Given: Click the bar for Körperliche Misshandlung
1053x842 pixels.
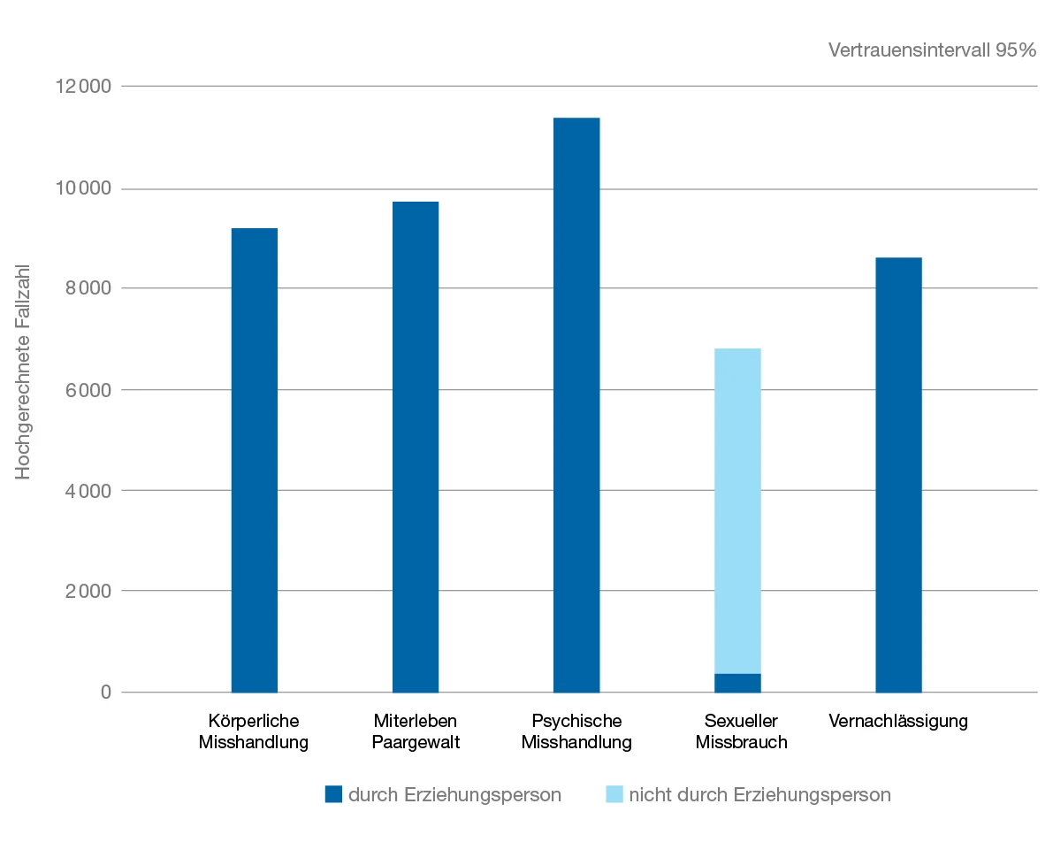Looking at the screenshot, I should pyautogui.click(x=254, y=460).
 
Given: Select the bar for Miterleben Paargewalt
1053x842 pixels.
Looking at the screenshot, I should pyautogui.click(x=416, y=447).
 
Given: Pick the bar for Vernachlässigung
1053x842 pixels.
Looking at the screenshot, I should pyautogui.click(x=898, y=475).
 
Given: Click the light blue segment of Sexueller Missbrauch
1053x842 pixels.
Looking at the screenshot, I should pyautogui.click(x=737, y=510).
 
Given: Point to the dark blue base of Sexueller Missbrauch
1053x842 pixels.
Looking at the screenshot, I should pyautogui.click(x=737, y=683).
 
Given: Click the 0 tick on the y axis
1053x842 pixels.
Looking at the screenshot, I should pyautogui.click(x=105, y=692).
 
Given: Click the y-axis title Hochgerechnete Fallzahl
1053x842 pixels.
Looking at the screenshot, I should pyautogui.click(x=24, y=371).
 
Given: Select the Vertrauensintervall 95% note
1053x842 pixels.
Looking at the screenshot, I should pyautogui.click(x=932, y=50).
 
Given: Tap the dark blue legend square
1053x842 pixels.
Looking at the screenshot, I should pyautogui.click(x=333, y=794).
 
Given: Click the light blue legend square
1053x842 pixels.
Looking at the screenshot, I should pyautogui.click(x=614, y=794).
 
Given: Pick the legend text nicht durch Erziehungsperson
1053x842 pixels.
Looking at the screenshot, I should pyautogui.click(x=759, y=794).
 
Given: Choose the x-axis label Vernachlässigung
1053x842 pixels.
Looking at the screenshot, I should pyautogui.click(x=898, y=721).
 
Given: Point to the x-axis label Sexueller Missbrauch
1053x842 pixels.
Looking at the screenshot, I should pyautogui.click(x=741, y=731).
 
